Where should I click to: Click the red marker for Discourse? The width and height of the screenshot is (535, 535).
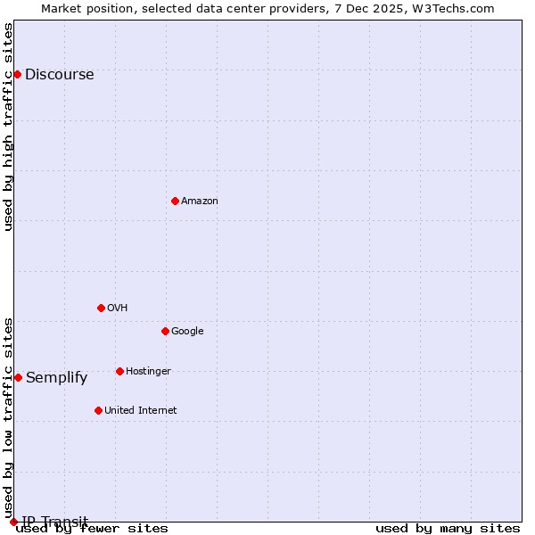(x=17, y=74)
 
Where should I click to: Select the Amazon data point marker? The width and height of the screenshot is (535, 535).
(x=175, y=201)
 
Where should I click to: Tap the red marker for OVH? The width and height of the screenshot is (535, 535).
(x=101, y=308)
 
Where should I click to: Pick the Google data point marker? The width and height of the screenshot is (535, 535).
(x=165, y=331)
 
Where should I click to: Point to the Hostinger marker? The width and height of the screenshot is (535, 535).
(x=119, y=371)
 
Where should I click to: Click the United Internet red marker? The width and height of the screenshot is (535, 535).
(x=98, y=410)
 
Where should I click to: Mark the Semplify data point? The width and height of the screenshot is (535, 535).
(x=18, y=377)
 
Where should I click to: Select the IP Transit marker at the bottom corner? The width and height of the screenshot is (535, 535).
(x=13, y=522)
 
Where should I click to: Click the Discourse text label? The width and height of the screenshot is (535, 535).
(x=59, y=75)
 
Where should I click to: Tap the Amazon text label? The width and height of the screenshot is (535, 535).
(x=200, y=202)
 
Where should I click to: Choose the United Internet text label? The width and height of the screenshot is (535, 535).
(x=140, y=411)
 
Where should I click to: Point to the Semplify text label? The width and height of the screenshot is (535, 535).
(x=56, y=378)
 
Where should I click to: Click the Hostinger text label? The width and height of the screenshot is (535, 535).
(x=148, y=372)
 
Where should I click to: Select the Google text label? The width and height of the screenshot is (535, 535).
(x=187, y=332)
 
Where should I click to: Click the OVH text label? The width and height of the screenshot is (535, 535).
(x=117, y=309)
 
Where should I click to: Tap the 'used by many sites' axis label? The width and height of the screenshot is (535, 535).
(x=448, y=529)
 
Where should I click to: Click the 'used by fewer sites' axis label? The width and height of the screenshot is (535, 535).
(x=92, y=529)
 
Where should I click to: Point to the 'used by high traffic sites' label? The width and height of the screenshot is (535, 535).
(x=9, y=127)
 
